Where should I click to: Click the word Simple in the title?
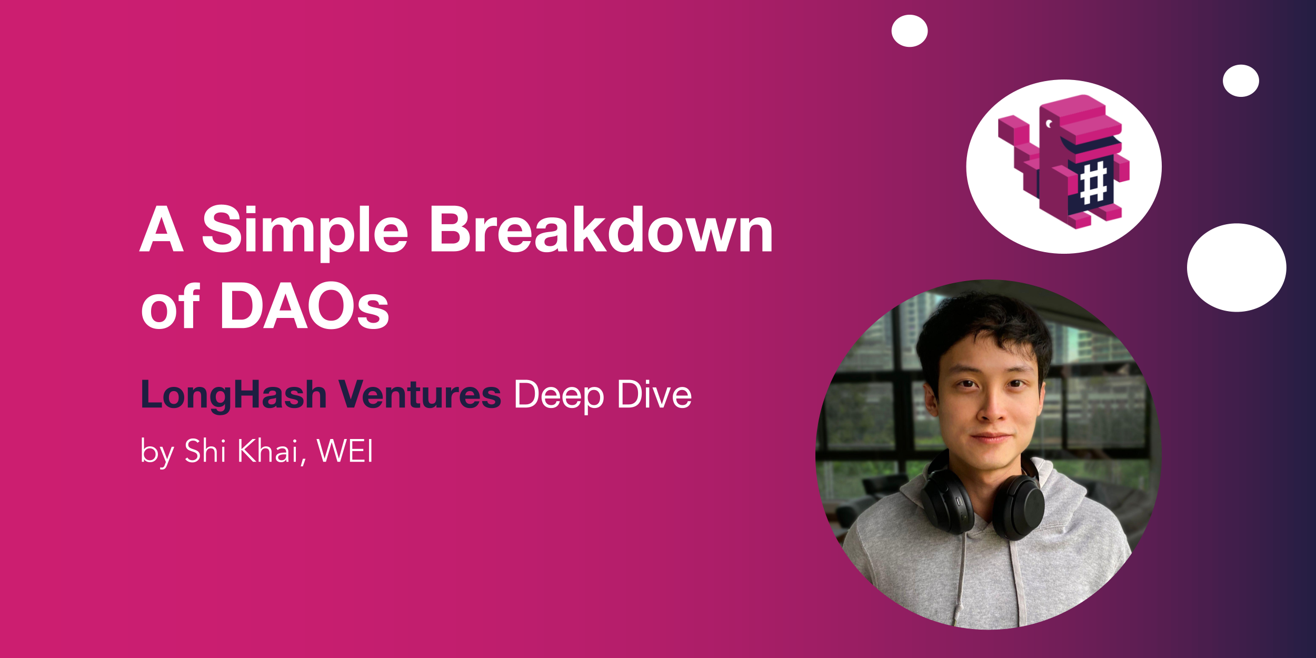click(305, 232)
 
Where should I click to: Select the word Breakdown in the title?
click(601, 228)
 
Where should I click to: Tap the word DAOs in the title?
click(304, 305)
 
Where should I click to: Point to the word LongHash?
click(234, 395)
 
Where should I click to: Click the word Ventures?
click(420, 394)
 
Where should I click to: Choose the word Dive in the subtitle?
click(654, 394)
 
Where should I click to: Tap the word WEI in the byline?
click(345, 451)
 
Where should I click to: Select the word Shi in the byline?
click(205, 451)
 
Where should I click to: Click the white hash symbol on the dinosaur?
click(1093, 183)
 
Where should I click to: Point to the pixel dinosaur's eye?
click(1049, 124)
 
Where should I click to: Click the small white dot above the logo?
click(910, 31)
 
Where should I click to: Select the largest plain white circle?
click(1237, 267)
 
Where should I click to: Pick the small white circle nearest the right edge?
click(1241, 81)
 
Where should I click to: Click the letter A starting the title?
click(162, 228)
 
